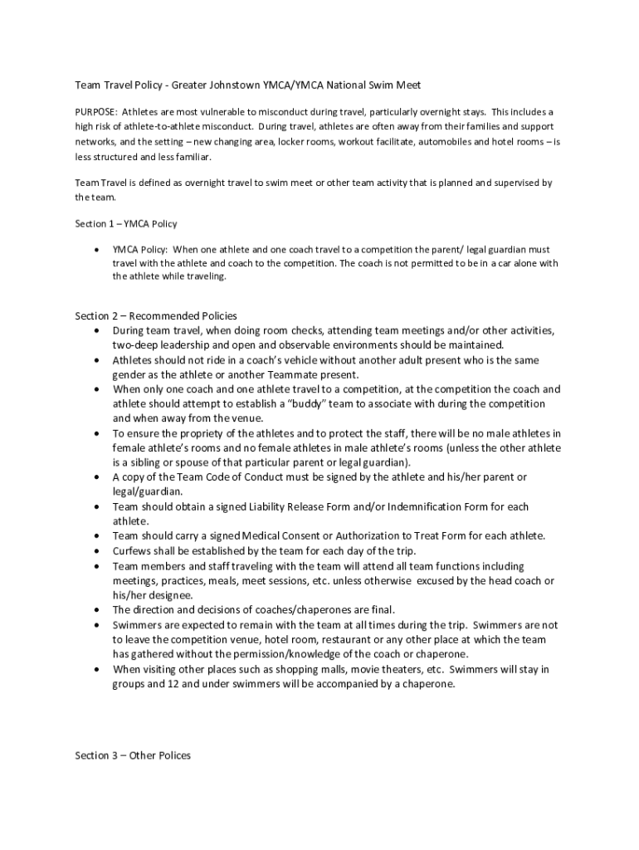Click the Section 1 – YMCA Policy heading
click(126, 223)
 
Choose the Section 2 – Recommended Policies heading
click(156, 316)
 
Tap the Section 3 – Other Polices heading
click(133, 755)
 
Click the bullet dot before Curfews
click(98, 551)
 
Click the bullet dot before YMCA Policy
click(98, 250)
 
